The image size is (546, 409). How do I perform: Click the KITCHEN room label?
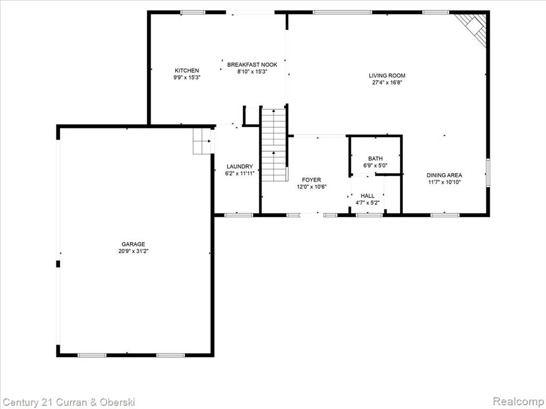[187, 71]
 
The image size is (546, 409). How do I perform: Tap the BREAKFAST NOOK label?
[252, 64]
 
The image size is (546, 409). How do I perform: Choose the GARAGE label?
[133, 244]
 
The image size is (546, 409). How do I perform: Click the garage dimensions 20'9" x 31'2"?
[133, 251]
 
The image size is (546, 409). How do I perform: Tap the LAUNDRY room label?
[239, 167]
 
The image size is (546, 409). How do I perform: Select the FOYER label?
[311, 180]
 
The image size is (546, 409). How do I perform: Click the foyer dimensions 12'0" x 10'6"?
[311, 187]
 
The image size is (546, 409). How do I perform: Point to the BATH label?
[375, 159]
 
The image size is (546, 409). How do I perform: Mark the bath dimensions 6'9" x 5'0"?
[375, 166]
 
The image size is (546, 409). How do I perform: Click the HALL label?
[367, 196]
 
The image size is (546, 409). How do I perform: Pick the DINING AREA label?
[444, 175]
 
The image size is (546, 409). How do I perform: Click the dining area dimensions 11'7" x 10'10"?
[444, 182]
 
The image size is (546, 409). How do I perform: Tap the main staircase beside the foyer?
[275, 144]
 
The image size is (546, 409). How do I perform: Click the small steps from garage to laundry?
[202, 141]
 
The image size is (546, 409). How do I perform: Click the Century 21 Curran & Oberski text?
[69, 403]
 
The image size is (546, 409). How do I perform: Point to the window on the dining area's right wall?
[488, 172]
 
